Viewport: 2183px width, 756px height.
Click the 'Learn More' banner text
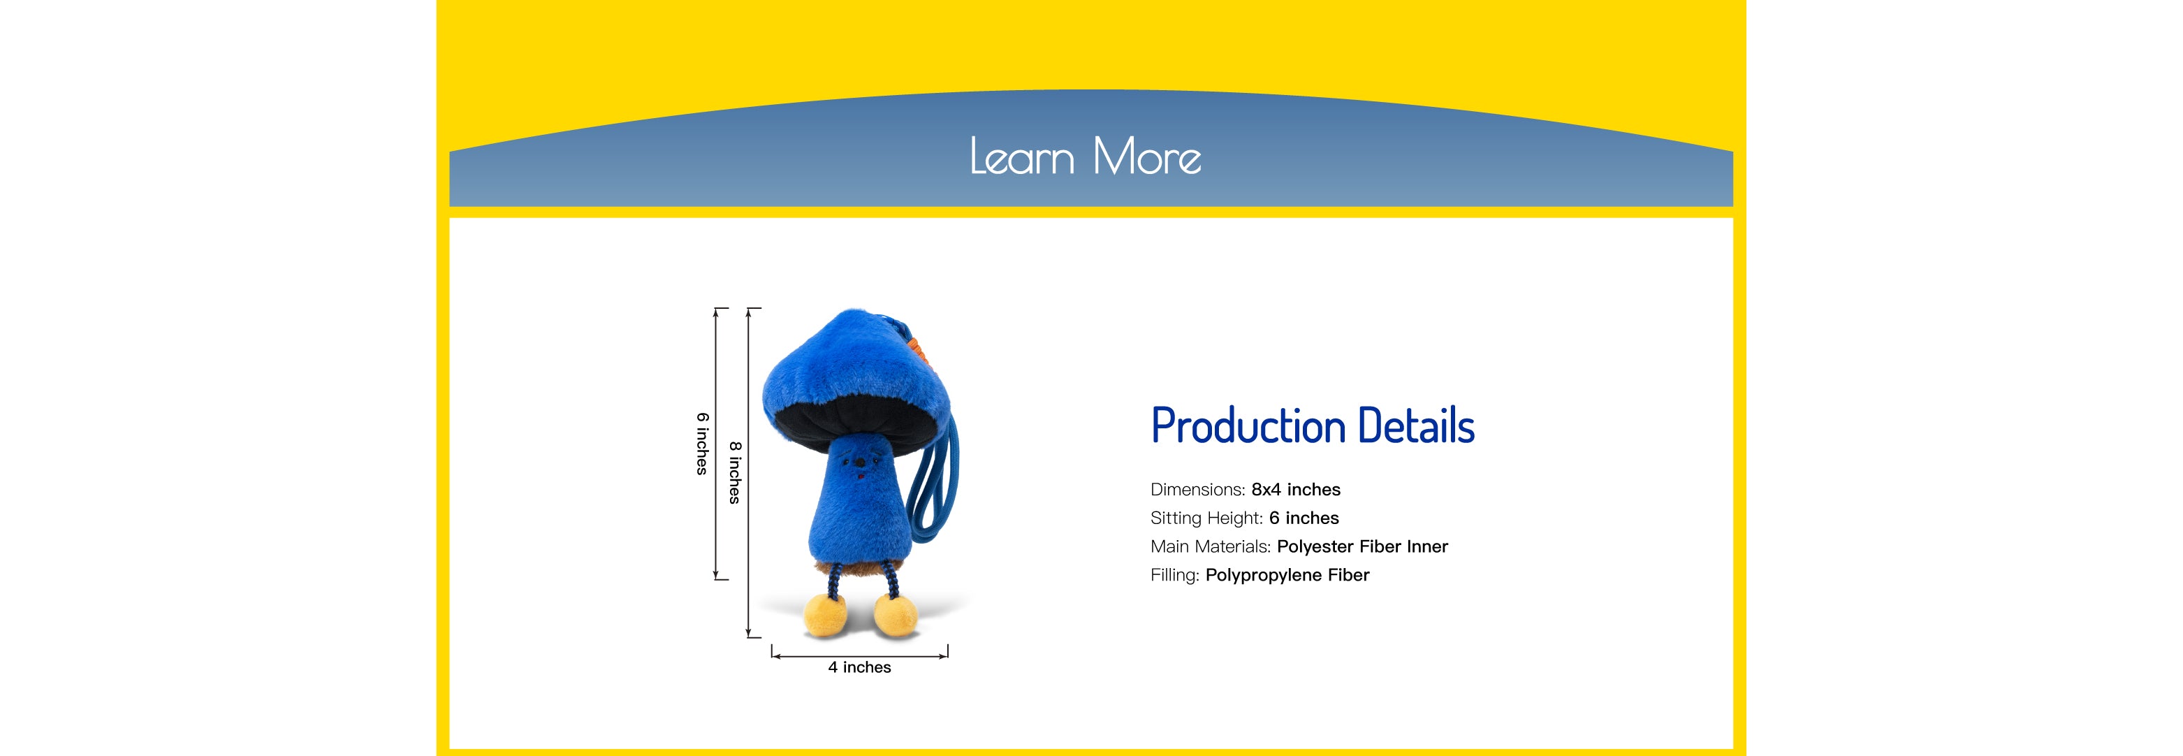click(1086, 157)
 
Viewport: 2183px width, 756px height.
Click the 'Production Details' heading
click(1313, 426)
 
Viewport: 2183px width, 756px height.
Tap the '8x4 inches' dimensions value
click(1296, 490)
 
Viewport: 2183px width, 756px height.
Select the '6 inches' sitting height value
click(1304, 518)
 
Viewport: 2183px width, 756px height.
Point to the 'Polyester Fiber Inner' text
click(1363, 546)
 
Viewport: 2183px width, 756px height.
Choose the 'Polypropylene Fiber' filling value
click(1287, 576)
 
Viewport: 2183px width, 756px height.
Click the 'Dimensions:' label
click(1197, 490)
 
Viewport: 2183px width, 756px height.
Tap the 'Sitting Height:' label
click(1206, 518)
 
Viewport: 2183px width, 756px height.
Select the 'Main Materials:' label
click(1210, 546)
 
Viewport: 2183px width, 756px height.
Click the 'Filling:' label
click(1174, 576)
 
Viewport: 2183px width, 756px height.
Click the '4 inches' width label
click(859, 668)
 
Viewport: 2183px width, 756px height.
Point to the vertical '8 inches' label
click(735, 472)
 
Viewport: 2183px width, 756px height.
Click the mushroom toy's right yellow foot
click(895, 616)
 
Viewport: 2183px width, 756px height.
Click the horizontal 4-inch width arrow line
click(859, 656)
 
